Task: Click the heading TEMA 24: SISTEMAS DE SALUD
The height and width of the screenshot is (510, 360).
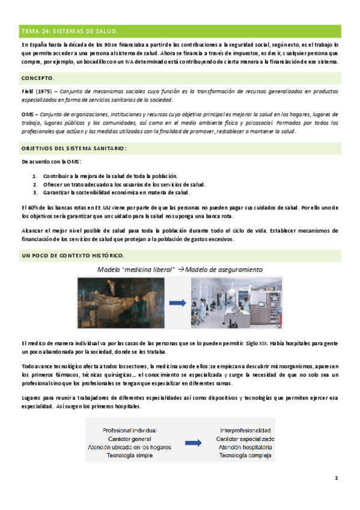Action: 69,31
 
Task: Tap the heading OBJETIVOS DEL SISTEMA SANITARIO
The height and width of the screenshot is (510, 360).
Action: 74,147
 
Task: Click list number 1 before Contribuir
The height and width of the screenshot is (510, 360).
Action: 35,176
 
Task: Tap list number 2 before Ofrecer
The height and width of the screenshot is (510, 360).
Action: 35,184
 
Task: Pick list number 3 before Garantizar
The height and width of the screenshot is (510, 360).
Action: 35,192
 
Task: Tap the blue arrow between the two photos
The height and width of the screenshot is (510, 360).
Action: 176,304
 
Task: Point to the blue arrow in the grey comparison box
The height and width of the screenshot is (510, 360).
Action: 192,443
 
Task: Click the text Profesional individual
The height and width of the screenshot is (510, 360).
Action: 130,431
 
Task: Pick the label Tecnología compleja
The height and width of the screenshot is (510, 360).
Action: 245,455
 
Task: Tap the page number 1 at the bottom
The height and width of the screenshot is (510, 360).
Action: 337,479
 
